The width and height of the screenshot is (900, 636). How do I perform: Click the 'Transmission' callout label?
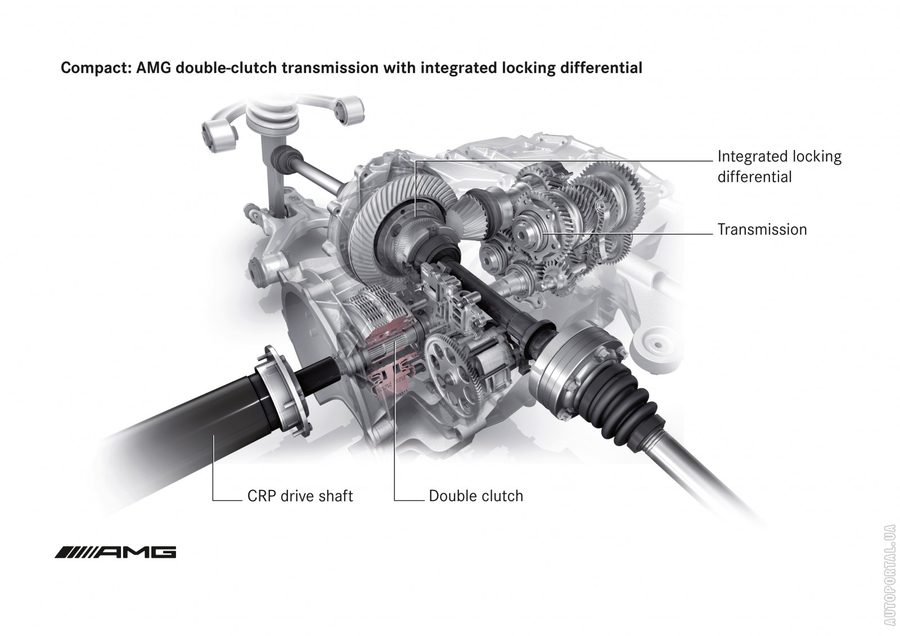pos(762,230)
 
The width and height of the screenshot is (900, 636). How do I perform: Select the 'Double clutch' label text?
pos(475,496)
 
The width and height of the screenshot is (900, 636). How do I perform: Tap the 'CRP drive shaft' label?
pos(300,496)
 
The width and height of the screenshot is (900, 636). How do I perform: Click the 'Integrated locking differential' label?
pos(779,166)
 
